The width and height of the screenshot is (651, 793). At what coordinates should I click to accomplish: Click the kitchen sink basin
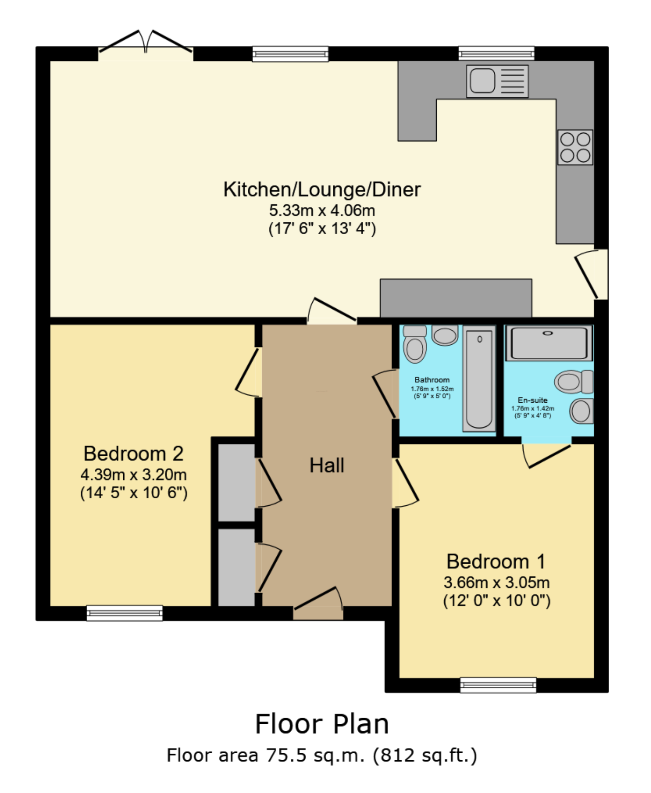click(482, 80)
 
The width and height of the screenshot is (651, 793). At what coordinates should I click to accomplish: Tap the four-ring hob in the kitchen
click(575, 147)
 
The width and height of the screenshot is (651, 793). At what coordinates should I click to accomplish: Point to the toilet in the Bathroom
click(415, 344)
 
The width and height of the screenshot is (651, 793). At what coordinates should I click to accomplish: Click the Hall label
click(327, 465)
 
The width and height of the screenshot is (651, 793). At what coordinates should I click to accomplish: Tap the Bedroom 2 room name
click(134, 454)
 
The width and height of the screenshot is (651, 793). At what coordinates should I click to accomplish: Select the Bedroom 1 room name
click(496, 562)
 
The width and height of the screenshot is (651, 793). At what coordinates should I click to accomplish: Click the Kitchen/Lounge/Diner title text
click(322, 190)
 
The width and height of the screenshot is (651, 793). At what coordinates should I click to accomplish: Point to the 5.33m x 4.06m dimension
click(322, 210)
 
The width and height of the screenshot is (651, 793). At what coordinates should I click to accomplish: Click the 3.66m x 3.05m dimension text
click(496, 582)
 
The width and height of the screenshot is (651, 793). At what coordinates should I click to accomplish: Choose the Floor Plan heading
click(322, 724)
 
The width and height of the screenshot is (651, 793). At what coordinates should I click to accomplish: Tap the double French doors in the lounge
click(146, 43)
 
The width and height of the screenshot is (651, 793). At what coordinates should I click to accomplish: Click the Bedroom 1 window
click(498, 685)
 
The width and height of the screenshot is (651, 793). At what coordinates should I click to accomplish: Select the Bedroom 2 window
click(124, 613)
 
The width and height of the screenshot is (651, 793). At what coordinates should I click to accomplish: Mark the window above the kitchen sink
click(496, 53)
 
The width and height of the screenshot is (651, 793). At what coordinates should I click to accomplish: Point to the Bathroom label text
click(432, 380)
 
